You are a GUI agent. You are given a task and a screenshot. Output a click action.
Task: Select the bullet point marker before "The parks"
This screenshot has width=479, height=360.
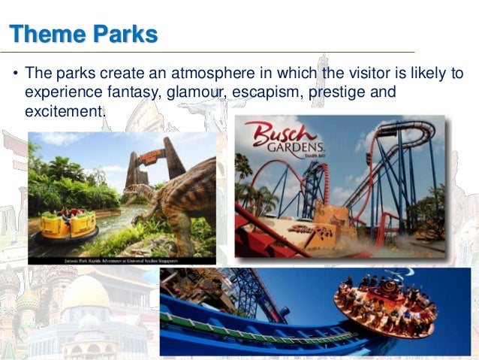pyautogui.click(x=15, y=75)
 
